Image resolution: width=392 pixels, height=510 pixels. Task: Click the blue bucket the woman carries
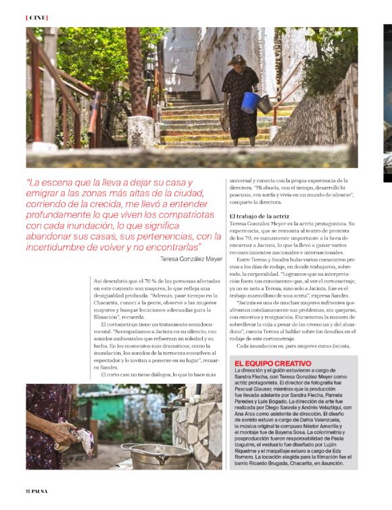tap(251, 102)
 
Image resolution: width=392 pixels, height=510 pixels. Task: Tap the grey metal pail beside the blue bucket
tap(266, 105)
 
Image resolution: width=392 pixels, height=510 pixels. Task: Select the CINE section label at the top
tap(36, 17)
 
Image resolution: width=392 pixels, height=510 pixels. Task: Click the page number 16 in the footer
tap(28, 490)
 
